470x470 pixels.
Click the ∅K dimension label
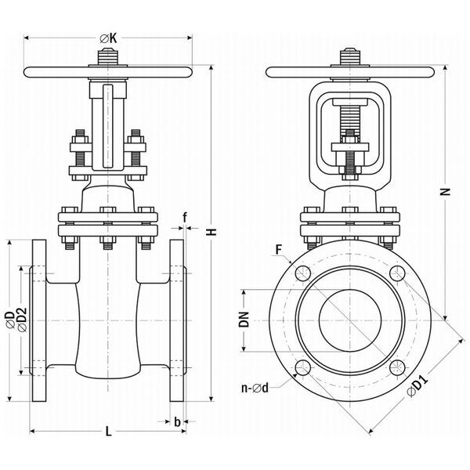[108, 38]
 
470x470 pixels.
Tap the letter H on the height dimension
[212, 232]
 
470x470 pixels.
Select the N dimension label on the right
[446, 192]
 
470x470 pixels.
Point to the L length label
[109, 432]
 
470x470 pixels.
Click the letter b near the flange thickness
[177, 421]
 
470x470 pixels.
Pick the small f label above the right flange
[185, 217]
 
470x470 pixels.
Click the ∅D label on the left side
[10, 320]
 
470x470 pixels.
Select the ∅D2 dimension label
[22, 320]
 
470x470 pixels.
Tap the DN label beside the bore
[244, 320]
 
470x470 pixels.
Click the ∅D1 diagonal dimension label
[418, 387]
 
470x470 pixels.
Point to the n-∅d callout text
[255, 389]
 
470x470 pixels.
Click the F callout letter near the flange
[279, 249]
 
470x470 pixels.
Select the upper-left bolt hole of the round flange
[302, 273]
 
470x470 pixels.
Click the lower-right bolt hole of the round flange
[397, 368]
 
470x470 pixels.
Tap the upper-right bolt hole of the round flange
[397, 273]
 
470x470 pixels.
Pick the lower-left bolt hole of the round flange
[302, 368]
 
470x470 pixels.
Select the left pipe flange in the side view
[38, 320]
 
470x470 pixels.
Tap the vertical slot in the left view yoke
[108, 126]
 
